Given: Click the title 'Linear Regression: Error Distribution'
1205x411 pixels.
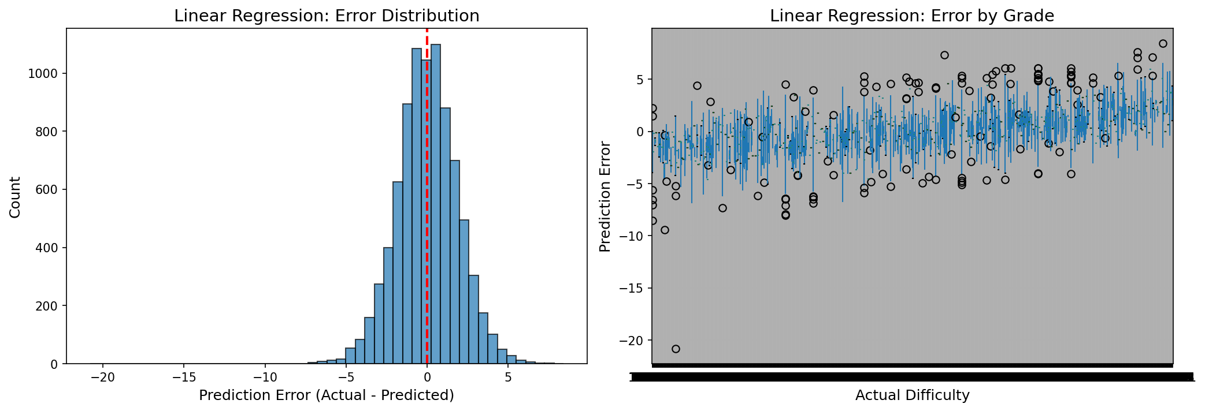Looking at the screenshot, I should pos(327,16).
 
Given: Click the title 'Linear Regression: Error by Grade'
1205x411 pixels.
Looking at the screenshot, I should pos(911,16).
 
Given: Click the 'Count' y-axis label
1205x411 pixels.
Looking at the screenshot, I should pos(16,197).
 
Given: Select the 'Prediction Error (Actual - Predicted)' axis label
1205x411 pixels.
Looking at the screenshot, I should pos(326,395).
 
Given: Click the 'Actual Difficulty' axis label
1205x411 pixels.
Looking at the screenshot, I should pos(912,395).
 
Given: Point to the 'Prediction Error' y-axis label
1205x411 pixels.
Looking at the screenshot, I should pos(605,197).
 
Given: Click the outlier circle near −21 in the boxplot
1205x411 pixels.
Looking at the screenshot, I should pos(676,349).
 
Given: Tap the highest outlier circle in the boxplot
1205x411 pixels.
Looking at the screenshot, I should pos(1163,43).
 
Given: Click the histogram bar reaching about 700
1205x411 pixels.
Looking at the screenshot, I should pos(455,263).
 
